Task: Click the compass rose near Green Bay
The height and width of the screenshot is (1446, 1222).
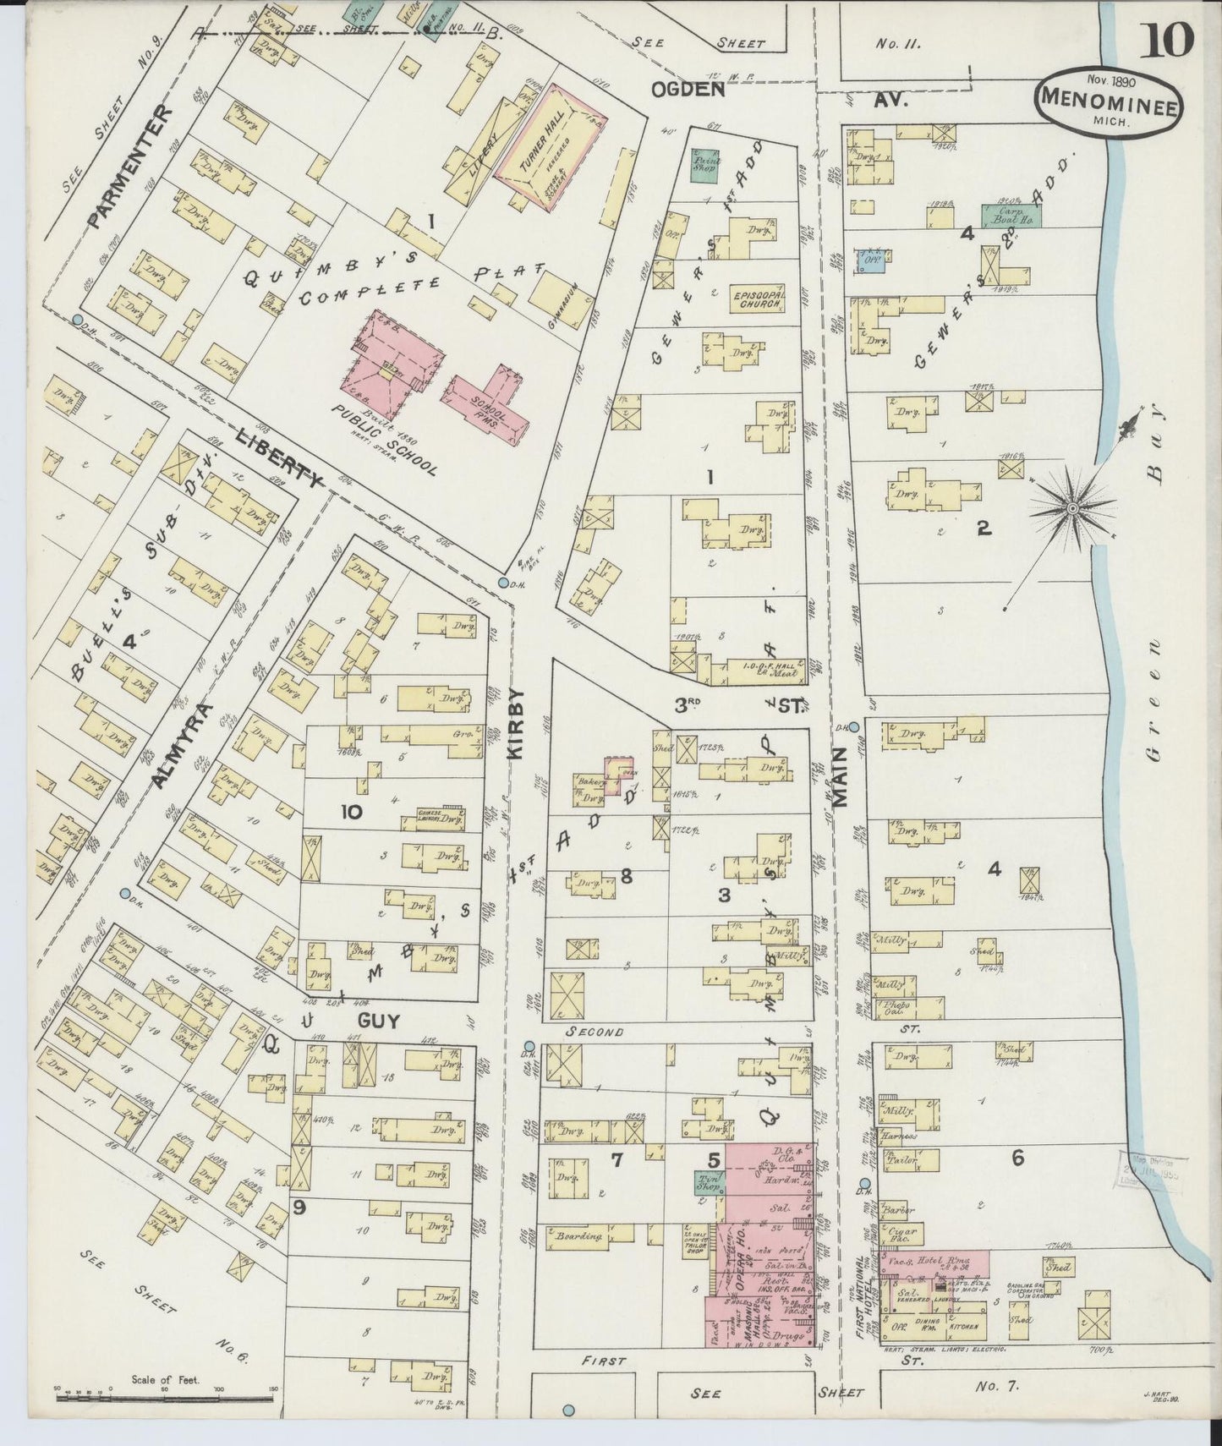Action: click(1071, 507)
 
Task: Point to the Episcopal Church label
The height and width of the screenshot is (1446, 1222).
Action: click(759, 300)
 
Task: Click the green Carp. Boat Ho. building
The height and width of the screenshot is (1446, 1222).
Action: click(1011, 215)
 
